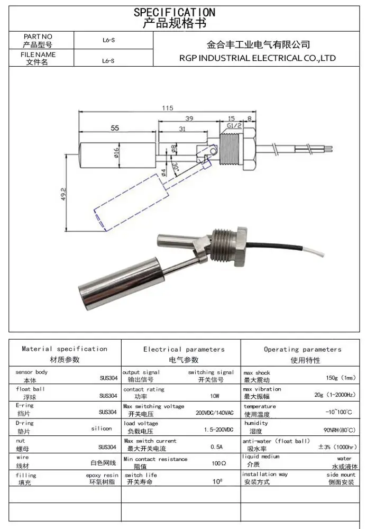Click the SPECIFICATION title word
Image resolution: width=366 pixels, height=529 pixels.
(174, 12)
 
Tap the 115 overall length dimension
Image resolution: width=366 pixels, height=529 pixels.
(168, 108)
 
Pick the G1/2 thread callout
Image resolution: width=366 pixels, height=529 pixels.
(234, 125)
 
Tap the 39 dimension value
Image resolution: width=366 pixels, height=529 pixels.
(188, 119)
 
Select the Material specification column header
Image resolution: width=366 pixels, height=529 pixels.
(65, 349)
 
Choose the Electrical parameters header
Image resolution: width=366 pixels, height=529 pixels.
(184, 350)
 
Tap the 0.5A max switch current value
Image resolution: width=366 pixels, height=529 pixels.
(217, 447)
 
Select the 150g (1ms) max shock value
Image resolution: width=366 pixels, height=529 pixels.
(341, 378)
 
